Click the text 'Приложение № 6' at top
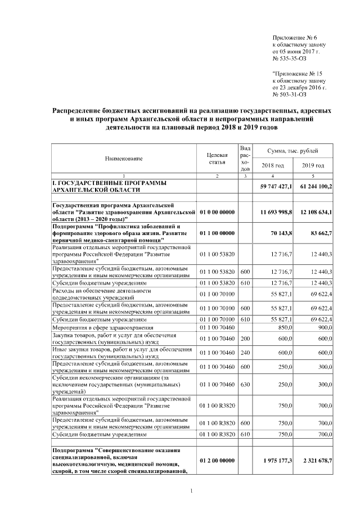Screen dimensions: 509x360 coord(294,35)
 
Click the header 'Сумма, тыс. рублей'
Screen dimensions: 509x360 coord(293,151)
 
